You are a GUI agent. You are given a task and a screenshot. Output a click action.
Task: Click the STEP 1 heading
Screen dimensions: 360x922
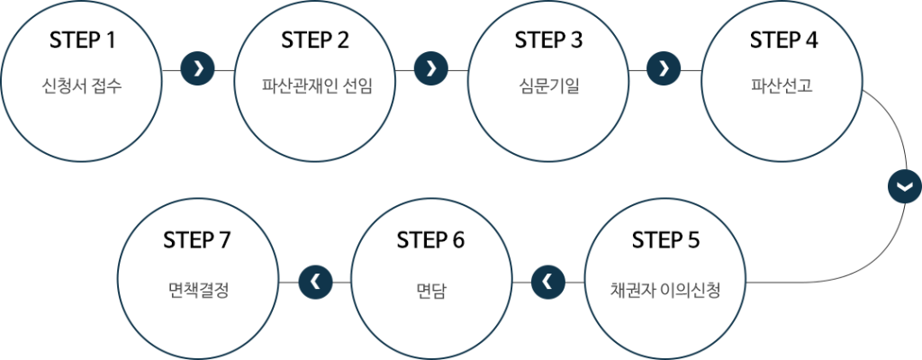click(x=82, y=40)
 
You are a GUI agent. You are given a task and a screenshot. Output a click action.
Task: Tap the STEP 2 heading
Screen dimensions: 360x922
click(x=315, y=40)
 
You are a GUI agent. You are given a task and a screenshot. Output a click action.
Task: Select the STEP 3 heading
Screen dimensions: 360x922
click(x=549, y=40)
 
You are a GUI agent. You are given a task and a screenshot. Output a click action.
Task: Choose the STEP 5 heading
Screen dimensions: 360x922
click(x=665, y=241)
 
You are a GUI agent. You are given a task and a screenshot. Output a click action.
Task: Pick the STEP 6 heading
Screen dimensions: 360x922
click(x=431, y=241)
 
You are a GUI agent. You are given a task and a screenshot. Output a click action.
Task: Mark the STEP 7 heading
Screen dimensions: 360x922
click(x=198, y=241)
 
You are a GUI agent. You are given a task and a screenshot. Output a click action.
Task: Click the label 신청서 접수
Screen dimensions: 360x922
click(x=82, y=87)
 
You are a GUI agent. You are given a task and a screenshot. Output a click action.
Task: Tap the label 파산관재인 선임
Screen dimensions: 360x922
click(x=315, y=87)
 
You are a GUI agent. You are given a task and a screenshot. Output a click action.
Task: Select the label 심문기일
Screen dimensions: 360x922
click(x=549, y=87)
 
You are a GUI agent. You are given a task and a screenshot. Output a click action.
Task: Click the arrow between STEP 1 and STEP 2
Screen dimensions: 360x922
click(x=198, y=68)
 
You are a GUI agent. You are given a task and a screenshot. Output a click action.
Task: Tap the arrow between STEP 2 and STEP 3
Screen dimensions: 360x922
click(x=431, y=68)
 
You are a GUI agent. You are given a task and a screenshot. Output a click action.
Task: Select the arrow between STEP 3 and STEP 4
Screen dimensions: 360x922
click(x=664, y=68)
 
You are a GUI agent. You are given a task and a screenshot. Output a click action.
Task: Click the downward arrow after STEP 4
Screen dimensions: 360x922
click(x=905, y=186)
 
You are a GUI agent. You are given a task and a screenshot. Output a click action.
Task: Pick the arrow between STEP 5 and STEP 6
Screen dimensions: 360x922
click(x=548, y=281)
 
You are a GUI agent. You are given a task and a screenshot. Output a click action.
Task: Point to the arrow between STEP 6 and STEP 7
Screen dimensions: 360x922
click(x=315, y=281)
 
